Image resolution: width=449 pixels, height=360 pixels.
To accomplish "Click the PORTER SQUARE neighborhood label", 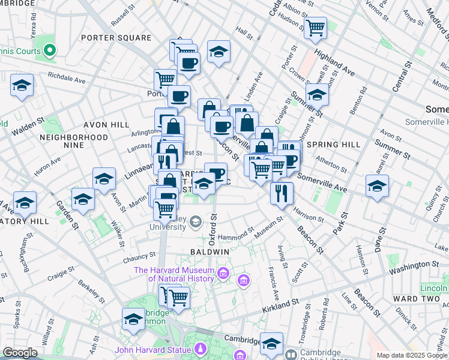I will (x=116, y=38).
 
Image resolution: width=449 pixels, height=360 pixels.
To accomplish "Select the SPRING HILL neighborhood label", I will (x=333, y=145).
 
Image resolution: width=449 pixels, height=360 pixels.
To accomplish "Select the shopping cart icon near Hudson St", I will (x=315, y=28).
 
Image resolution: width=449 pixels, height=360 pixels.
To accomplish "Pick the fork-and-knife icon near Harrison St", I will (x=281, y=193).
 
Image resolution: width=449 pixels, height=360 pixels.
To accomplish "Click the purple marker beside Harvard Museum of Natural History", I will (x=223, y=274).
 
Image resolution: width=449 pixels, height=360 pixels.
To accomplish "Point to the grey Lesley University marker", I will (x=196, y=223).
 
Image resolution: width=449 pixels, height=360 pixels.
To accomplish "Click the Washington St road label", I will (x=413, y=265).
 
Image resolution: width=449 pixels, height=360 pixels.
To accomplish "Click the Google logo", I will (x=20, y=353).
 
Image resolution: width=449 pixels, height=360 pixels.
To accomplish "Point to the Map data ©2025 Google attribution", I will (x=411, y=355).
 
